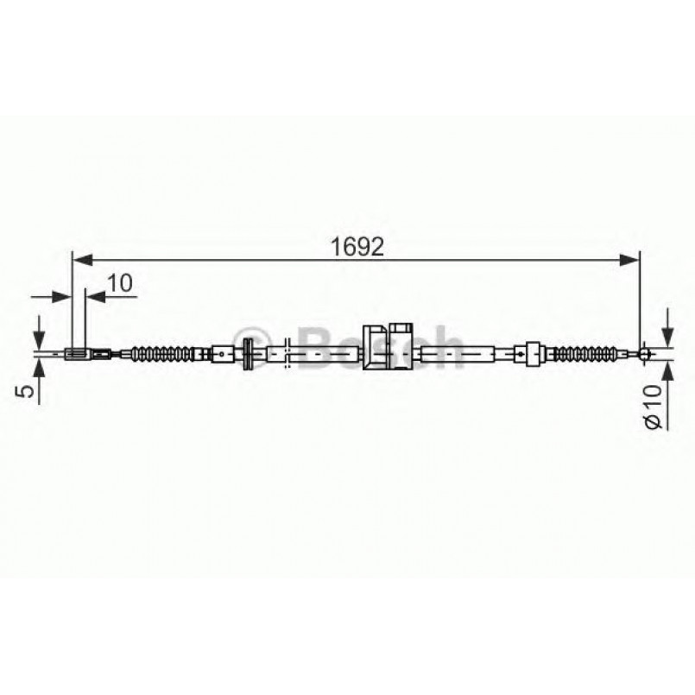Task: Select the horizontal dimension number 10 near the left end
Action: (121, 282)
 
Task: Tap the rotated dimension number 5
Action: (28, 390)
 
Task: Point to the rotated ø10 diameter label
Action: (653, 406)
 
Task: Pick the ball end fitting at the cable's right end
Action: (642, 352)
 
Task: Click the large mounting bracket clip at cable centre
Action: (378, 347)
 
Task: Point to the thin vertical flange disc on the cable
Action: (248, 352)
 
